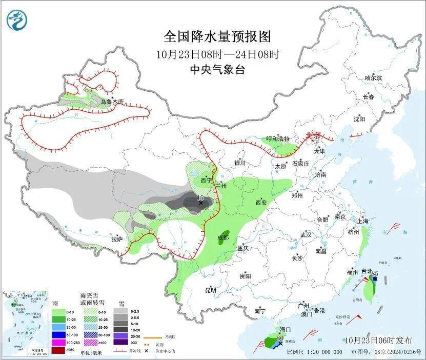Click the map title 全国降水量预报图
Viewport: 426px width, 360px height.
[217, 37]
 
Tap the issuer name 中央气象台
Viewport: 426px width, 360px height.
[217, 70]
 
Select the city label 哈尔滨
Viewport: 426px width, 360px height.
[373, 78]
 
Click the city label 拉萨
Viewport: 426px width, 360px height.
[117, 238]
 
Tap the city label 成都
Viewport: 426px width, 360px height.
[222, 238]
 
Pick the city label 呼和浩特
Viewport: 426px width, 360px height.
[278, 139]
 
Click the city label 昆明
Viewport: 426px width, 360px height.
[211, 290]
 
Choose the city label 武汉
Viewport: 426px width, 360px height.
[306, 234]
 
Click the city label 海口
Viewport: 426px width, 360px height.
[285, 329]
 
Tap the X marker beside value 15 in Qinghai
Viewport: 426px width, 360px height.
[200, 203]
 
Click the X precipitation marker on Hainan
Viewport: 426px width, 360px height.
[280, 343]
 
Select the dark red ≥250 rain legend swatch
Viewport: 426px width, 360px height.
[58, 350]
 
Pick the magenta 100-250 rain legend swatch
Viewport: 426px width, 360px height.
[58, 343]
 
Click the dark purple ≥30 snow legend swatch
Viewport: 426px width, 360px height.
[120, 343]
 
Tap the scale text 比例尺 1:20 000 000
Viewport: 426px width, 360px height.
[314, 352]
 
